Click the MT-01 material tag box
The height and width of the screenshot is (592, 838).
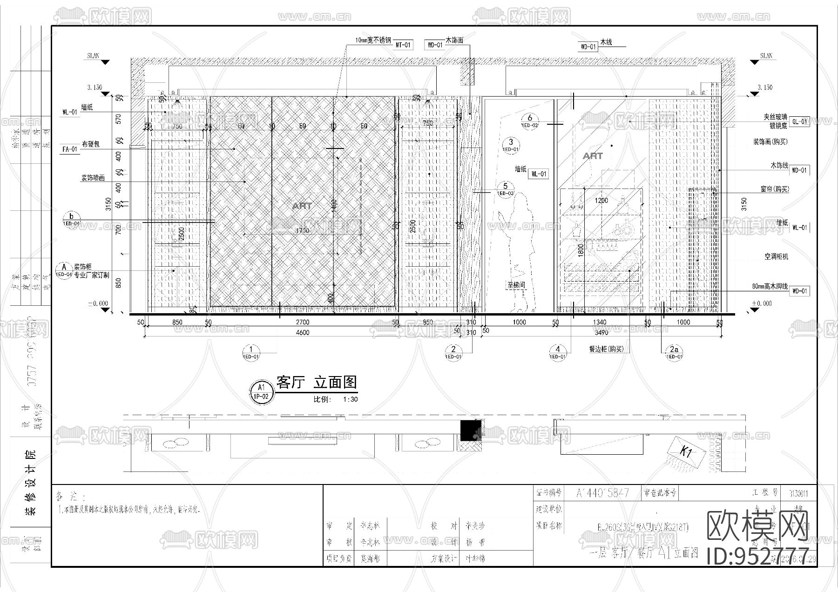coord(404,45)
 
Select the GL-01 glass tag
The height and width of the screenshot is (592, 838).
coord(800,122)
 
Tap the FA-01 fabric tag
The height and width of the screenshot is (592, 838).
coord(70,149)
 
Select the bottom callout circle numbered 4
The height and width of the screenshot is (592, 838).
coord(558,352)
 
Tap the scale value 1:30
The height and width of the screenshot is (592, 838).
coord(350,399)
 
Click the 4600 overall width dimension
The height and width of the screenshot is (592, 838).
coord(303,332)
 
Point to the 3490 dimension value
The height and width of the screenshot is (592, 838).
coord(601,332)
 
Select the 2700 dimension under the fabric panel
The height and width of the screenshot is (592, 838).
coord(303,322)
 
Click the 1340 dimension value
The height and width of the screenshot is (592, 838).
coord(601,322)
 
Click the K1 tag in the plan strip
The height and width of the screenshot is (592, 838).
coord(685,451)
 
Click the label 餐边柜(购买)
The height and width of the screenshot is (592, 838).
coord(606,349)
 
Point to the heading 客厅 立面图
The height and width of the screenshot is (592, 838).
coord(317,383)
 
